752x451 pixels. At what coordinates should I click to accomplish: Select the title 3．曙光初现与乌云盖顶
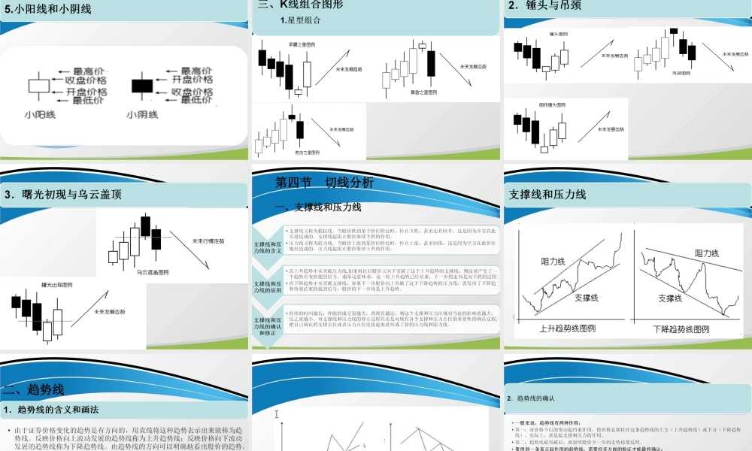pyautogui.click(x=62, y=194)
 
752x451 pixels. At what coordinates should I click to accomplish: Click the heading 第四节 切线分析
pyautogui.click(x=324, y=183)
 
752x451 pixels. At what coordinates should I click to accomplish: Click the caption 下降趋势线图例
pyautogui.click(x=681, y=328)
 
